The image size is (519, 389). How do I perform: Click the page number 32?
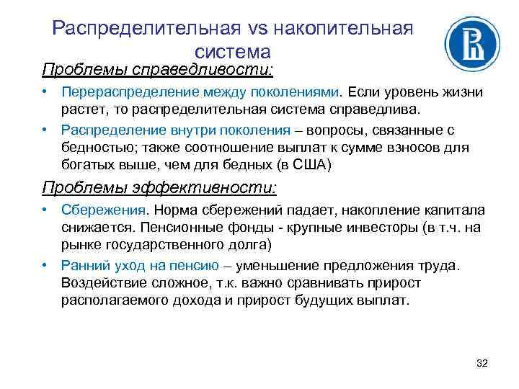(482, 362)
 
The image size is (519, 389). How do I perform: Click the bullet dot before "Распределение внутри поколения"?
(45, 130)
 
